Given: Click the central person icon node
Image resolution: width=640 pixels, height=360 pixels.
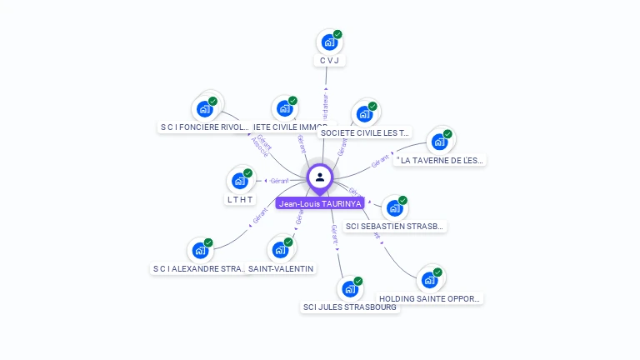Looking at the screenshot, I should (320, 177).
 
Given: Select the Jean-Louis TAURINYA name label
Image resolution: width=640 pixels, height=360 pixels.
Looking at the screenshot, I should (320, 203).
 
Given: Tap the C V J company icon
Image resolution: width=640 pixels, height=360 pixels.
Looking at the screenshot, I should (329, 42).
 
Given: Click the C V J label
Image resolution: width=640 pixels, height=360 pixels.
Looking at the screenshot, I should (330, 61).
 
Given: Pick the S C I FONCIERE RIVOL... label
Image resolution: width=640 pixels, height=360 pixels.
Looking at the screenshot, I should (204, 127).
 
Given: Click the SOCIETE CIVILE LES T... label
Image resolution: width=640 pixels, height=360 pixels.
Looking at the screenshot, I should (365, 132).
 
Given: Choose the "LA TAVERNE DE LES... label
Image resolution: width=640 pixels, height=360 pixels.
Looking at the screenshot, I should (440, 160).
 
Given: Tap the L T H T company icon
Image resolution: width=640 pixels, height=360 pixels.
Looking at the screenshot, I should (239, 180).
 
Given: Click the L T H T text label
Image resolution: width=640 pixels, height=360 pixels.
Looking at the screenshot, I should (239, 199).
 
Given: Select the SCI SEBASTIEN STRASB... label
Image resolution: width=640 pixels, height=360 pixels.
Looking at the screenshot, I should (395, 226).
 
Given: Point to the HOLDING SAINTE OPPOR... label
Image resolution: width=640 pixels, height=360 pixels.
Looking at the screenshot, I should (430, 298).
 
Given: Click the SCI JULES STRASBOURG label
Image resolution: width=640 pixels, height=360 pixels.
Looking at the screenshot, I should (350, 307).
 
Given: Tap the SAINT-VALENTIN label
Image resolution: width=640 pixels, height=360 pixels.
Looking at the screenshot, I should (281, 268).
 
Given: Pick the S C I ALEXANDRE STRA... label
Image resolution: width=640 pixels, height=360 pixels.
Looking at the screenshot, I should (199, 269).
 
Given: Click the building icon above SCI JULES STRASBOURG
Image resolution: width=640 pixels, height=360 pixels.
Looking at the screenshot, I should (350, 289).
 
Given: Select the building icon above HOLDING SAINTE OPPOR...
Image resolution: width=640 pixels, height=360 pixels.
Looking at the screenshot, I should (429, 279).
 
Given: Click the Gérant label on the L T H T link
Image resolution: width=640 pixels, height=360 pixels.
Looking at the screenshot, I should (279, 181).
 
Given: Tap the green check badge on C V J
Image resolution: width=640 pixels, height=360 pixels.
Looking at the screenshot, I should (337, 34).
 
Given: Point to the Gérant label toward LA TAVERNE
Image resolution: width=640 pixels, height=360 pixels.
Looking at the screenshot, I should (381, 162).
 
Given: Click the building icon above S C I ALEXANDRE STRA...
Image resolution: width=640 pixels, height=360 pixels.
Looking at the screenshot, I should (200, 250).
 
